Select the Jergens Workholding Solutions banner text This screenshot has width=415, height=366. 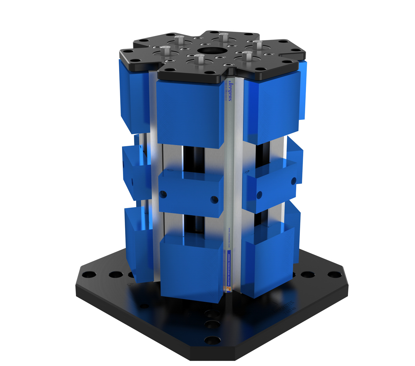[x=229, y=268]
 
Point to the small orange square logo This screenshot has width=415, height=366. [x=229, y=289]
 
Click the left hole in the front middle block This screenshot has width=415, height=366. [x=163, y=194]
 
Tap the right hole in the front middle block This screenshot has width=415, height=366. [x=215, y=200]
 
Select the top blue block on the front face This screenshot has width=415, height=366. [x=189, y=112]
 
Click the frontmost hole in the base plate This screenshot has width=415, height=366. [x=213, y=340]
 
